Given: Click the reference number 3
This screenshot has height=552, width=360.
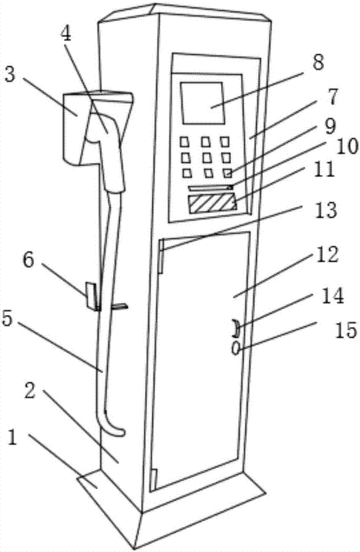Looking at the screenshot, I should tap(10, 76).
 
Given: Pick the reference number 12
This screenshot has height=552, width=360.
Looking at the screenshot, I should tap(327, 256).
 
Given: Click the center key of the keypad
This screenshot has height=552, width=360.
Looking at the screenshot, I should tap(208, 158).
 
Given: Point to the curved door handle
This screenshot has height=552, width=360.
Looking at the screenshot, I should tap(236, 329).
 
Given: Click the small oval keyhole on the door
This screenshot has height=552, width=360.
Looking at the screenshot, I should tap(236, 349).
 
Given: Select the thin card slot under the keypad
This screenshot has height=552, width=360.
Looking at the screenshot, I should tap(211, 188).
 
